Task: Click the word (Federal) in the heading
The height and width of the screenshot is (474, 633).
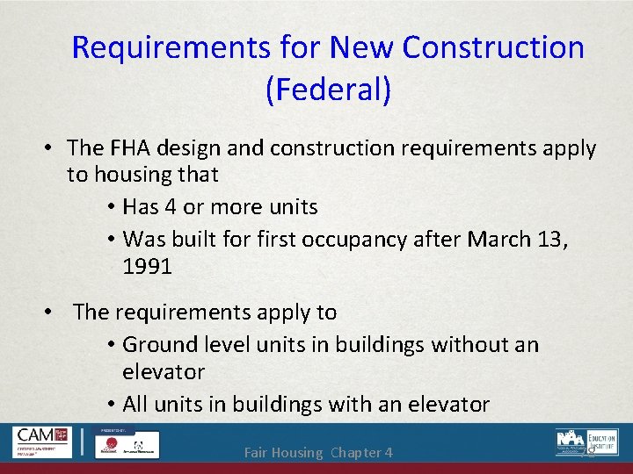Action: click(327, 90)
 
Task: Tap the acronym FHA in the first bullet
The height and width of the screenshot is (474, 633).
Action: click(141, 149)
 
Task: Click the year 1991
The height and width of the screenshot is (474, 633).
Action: click(148, 267)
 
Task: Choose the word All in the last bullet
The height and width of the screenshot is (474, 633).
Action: click(136, 404)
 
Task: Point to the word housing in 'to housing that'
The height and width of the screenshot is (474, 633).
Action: click(133, 175)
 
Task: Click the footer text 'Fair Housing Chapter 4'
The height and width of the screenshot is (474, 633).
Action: click(317, 453)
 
